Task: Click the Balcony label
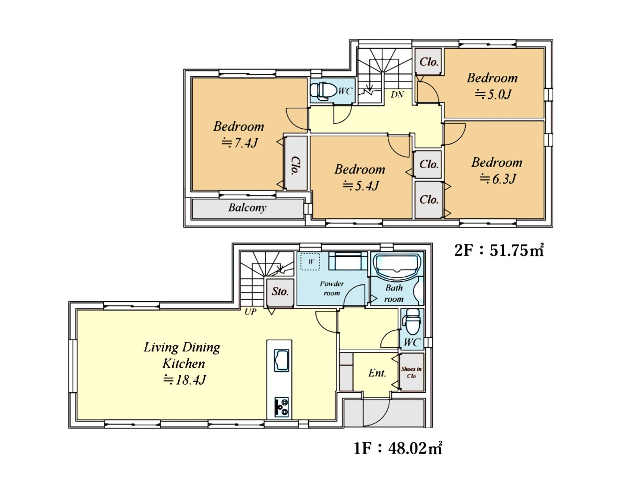[247, 208]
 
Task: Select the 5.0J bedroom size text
[493, 94]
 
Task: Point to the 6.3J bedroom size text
[497, 179]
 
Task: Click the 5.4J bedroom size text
[360, 186]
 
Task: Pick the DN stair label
[397, 94]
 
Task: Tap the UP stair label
[251, 312]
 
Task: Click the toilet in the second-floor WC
[323, 91]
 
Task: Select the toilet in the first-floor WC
[412, 322]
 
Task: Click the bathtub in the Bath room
[397, 265]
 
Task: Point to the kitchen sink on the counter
[282, 361]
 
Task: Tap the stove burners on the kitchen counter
[282, 407]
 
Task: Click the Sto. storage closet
[280, 292]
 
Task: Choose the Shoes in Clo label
[411, 373]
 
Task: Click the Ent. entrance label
[377, 373]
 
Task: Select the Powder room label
[332, 288]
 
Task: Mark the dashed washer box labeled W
[310, 262]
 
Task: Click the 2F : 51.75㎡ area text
[499, 250]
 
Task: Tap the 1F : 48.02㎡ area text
[398, 448]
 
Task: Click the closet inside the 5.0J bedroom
[428, 62]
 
